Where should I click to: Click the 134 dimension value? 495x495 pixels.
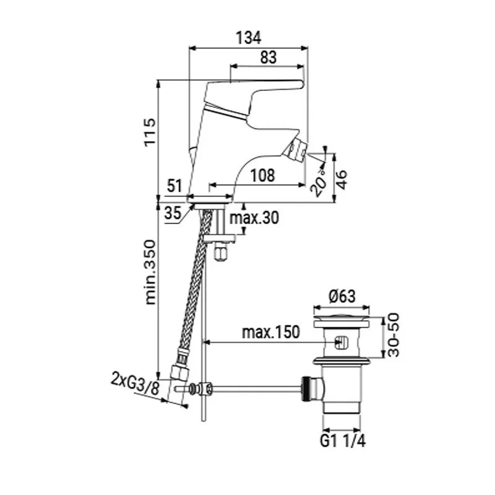[x=249, y=38]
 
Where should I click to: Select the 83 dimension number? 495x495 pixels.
[x=269, y=58]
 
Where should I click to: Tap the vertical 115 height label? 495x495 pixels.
[x=150, y=132]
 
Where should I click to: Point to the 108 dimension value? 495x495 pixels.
[x=262, y=175]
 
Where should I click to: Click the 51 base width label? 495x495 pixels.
[x=174, y=186]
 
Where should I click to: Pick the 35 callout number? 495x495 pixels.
[x=173, y=213]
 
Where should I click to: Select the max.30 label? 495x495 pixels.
[x=254, y=218]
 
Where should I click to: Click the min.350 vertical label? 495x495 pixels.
[x=150, y=272]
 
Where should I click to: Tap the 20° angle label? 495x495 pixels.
[x=318, y=183]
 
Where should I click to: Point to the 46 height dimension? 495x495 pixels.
[x=342, y=179]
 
